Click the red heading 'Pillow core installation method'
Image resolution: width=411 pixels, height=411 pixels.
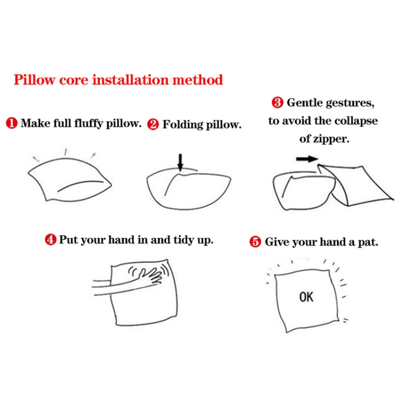point(118,80)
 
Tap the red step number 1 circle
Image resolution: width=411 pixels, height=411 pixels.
point(12,123)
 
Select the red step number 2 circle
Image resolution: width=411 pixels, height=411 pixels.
point(153,125)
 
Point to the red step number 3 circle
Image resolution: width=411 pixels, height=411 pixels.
point(278,102)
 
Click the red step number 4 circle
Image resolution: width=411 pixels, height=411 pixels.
point(50,240)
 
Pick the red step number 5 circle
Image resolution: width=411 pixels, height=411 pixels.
point(255,242)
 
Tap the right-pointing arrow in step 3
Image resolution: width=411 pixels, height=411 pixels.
point(307,159)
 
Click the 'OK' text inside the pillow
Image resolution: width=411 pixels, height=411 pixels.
point(306,297)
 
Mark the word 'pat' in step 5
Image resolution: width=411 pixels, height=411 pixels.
point(367,242)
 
